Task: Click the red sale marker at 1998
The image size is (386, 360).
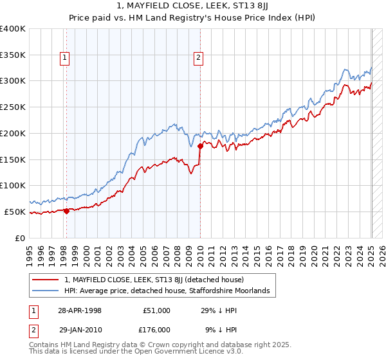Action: tap(66, 210)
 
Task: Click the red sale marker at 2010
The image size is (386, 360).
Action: tap(200, 146)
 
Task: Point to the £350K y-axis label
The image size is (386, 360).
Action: tap(13, 55)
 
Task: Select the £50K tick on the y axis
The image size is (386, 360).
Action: tap(15, 212)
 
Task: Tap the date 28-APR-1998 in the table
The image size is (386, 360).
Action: tap(80, 310)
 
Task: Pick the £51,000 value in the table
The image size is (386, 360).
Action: tap(155, 310)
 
